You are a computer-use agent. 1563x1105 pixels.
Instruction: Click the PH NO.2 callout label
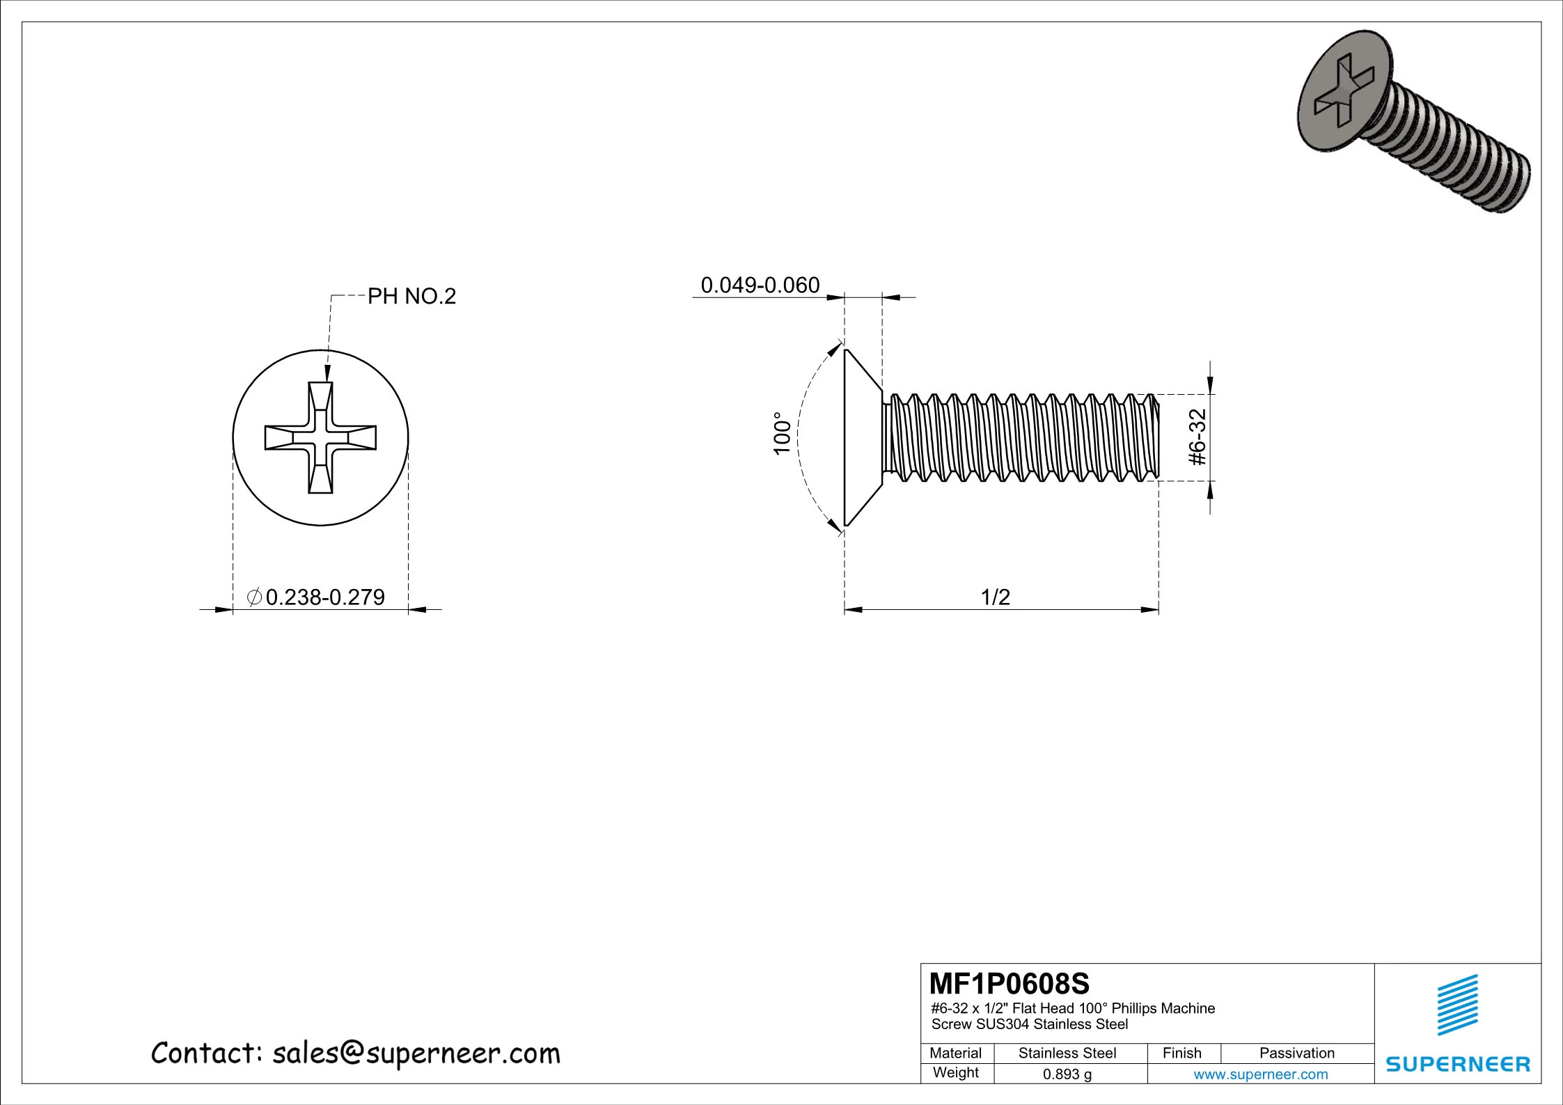(x=411, y=297)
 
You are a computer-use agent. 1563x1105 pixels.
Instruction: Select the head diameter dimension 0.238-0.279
(x=325, y=597)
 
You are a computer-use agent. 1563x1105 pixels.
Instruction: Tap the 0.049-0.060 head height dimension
(x=760, y=285)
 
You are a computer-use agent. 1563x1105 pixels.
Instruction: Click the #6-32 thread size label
(x=1197, y=437)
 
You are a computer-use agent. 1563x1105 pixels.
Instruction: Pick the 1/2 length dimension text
(x=995, y=597)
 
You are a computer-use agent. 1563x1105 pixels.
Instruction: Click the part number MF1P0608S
(x=1010, y=984)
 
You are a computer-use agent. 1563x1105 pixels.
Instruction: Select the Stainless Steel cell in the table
(x=1067, y=1053)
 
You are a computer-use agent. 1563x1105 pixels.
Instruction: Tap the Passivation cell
(x=1296, y=1053)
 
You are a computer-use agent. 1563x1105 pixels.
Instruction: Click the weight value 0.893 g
(x=1067, y=1074)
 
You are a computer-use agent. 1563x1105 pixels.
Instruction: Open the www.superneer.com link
(x=1260, y=1074)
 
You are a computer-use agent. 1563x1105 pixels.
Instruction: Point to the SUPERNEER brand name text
(x=1458, y=1064)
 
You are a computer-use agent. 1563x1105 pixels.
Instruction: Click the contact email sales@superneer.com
(x=416, y=1053)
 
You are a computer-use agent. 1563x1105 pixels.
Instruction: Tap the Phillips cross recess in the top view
(x=320, y=437)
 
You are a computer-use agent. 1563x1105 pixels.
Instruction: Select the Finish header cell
(x=1181, y=1053)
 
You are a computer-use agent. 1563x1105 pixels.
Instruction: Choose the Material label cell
(x=955, y=1053)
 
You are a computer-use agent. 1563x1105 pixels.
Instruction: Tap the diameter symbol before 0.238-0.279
(x=255, y=597)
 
